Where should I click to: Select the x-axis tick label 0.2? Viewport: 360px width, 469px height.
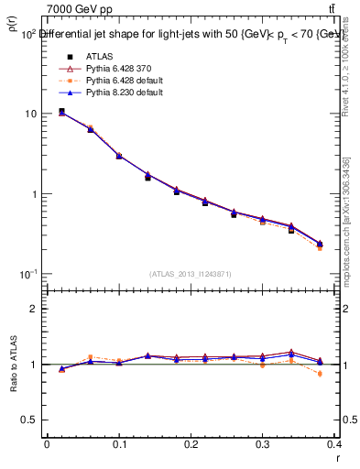pyautogui.click(x=191, y=444)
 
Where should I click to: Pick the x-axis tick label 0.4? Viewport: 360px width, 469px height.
pyautogui.click(x=335, y=444)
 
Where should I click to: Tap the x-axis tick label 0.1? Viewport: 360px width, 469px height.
pyautogui.click(x=118, y=444)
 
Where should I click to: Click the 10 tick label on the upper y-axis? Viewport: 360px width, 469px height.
pyautogui.click(x=31, y=114)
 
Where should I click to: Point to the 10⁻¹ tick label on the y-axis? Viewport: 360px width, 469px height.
pyautogui.click(x=28, y=275)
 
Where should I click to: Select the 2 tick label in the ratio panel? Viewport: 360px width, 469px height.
pyautogui.click(x=34, y=309)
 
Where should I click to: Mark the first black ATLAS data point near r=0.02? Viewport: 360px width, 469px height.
pyautogui.click(x=61, y=112)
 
